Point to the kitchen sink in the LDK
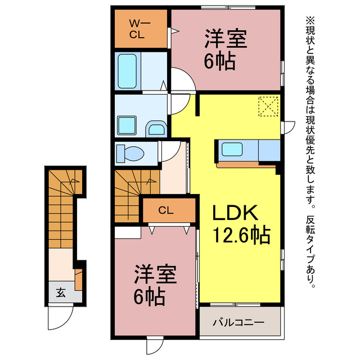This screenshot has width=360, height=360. point(232,150)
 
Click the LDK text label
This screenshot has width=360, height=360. point(235,213)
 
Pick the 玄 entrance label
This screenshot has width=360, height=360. point(60,292)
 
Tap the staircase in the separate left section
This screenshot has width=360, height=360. point(62,202)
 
